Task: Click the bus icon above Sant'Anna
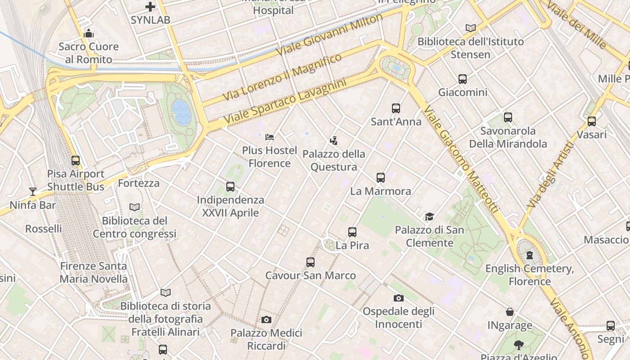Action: [396, 108]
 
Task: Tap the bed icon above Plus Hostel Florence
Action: [270, 137]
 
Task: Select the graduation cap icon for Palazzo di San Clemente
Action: [429, 217]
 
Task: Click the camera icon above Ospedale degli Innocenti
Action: [398, 298]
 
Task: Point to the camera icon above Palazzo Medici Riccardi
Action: [266, 320]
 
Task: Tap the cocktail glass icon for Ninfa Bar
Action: [32, 192]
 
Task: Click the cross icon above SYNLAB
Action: [150, 7]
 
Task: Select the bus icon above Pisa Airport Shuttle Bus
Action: [76, 161]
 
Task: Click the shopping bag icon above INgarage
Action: [510, 312]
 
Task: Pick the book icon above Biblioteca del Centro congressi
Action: [135, 207]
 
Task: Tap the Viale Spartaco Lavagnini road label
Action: [285, 103]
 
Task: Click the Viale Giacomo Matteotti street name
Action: [461, 160]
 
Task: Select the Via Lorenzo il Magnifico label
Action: [282, 77]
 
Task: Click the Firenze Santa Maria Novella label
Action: [94, 272]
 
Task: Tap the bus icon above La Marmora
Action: [381, 178]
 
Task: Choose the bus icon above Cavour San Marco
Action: [310, 262]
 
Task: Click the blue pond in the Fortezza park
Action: [182, 112]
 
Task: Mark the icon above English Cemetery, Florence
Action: [530, 255]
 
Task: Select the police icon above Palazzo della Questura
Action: [333, 141]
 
